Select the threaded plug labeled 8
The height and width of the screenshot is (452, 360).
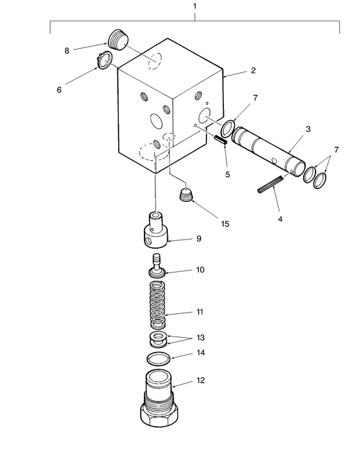click(x=117, y=38)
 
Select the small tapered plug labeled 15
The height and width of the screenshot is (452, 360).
click(x=186, y=194)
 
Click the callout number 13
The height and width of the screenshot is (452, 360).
click(x=200, y=339)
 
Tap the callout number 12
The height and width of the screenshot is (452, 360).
click(x=200, y=381)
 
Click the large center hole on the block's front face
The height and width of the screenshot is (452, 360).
click(x=155, y=121)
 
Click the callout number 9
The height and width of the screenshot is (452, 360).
click(x=199, y=238)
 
